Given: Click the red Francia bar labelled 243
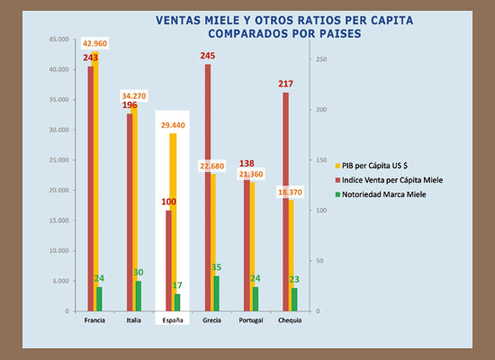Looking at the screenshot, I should (91, 189).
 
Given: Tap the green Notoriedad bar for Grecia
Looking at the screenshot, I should (216, 293).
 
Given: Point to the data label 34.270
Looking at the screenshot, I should (138, 96).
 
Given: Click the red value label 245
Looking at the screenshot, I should (208, 56).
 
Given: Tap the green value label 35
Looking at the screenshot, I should (216, 267).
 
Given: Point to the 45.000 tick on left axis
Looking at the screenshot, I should (58, 40).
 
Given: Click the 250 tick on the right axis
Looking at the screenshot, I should (315, 59).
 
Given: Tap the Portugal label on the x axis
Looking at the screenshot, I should (251, 320).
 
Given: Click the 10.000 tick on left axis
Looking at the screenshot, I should (58, 251).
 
